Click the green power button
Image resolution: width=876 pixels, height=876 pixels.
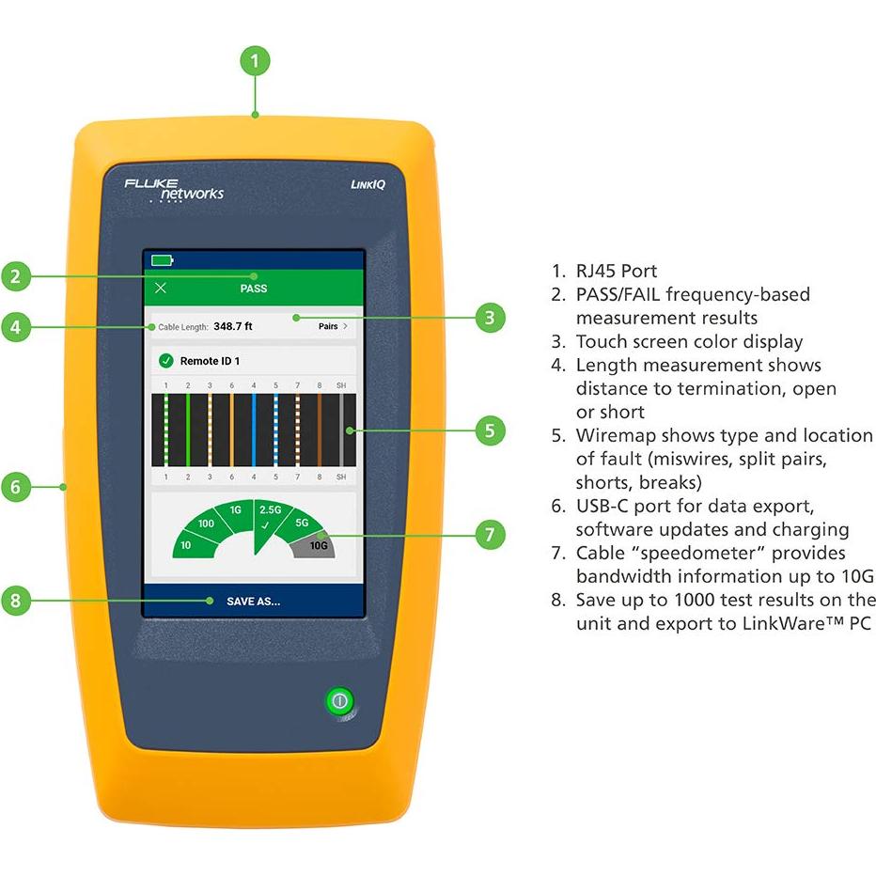pos(339,700)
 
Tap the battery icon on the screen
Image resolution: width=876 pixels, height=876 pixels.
pos(162,260)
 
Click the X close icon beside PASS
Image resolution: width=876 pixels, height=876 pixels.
pos(161,288)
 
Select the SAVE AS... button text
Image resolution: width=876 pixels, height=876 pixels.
pos(253,602)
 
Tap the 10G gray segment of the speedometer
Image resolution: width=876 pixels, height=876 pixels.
pos(316,545)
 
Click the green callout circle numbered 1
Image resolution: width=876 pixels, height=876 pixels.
pos(255,60)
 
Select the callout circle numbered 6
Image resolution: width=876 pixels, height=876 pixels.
pos(16,487)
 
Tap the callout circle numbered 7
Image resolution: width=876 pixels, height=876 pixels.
pos(490,534)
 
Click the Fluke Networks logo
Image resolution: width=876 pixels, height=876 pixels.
pos(174,190)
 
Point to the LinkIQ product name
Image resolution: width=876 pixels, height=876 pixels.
pos(368,184)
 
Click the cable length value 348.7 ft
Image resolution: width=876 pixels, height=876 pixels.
pos(233,326)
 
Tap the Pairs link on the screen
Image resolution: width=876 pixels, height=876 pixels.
pos(333,326)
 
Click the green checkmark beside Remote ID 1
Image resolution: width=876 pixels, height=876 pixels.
pos(166,360)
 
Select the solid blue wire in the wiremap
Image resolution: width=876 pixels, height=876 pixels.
pos(254,430)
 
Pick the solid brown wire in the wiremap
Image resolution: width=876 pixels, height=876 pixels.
pos(319,430)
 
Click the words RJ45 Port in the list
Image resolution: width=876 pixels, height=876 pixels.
pos(617,271)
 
